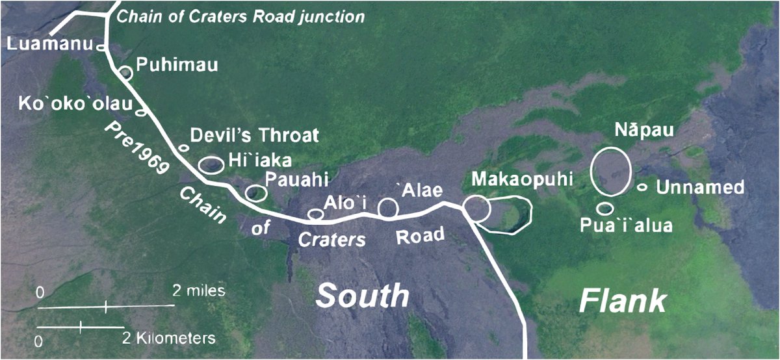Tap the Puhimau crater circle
(126, 73)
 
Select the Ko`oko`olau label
(67, 103)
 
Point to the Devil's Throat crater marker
(184, 148)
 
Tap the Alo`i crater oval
(315, 214)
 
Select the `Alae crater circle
(389, 207)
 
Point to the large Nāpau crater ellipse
(611, 170)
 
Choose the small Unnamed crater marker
(642, 187)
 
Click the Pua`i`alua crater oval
(606, 209)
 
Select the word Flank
(623, 301)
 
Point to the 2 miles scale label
(199, 290)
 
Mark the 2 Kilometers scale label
(168, 338)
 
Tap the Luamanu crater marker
(101, 47)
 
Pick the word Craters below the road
(332, 238)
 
